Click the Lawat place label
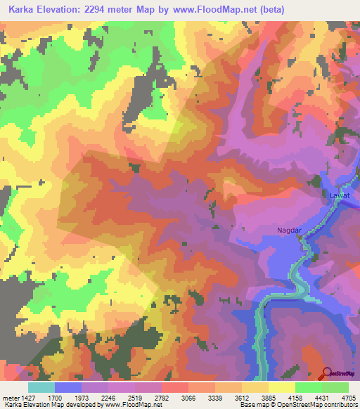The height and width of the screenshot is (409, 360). [339, 195]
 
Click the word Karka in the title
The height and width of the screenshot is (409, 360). [22, 11]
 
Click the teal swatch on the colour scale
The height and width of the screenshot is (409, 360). [41, 387]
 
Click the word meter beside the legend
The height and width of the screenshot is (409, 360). [11, 397]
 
